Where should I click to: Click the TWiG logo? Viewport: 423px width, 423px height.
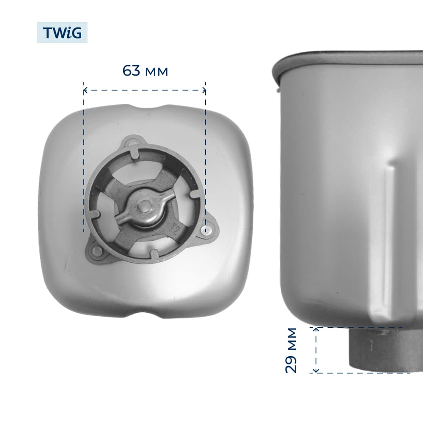[62, 33]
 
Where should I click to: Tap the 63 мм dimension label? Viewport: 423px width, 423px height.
[145, 71]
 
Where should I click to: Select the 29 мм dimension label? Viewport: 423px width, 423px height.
[291, 350]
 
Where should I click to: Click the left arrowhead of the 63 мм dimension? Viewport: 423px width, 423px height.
[85, 91]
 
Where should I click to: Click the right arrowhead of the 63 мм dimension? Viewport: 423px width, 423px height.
[204, 91]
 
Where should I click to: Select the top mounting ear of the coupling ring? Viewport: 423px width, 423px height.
[132, 141]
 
